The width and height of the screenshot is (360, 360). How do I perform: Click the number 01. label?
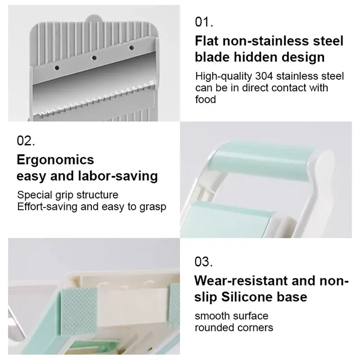tap(204, 22)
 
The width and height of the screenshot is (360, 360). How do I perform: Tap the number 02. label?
tap(26, 140)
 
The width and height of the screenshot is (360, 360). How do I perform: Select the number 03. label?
tap(203, 262)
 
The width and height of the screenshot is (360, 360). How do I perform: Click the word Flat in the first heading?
tap(207, 41)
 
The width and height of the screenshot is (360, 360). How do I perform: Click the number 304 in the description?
tap(264, 76)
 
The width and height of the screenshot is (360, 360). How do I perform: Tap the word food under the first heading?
tap(206, 99)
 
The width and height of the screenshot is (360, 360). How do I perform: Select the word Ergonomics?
tap(55, 160)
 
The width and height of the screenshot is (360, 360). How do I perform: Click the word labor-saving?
tap(118, 176)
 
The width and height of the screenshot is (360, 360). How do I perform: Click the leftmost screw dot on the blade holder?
tap(57, 68)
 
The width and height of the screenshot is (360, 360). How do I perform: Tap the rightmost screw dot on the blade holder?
tap(131, 48)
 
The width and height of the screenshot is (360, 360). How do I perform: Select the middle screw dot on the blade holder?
tap(94, 58)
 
